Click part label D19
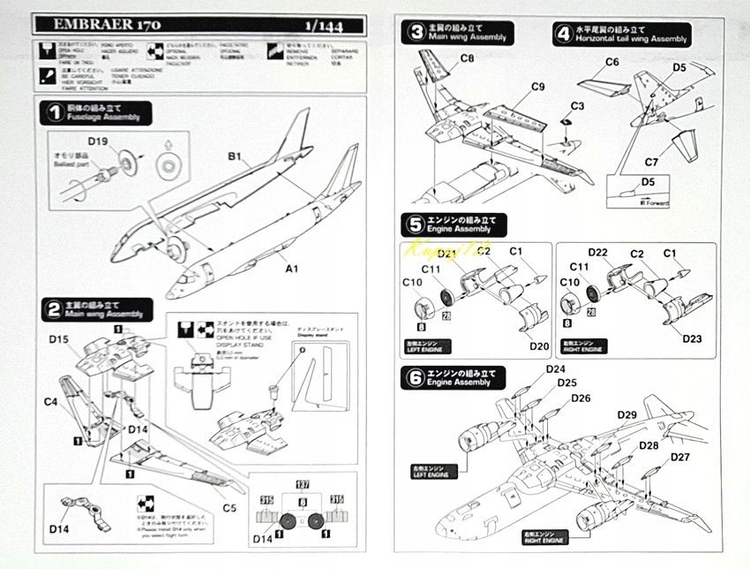[x=98, y=140]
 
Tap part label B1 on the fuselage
[x=234, y=157]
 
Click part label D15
[x=60, y=339]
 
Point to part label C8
[x=467, y=58]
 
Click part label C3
[x=577, y=105]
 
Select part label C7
[x=651, y=163]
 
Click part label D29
[x=626, y=415]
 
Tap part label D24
[x=555, y=368]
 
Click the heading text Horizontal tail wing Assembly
[x=632, y=40]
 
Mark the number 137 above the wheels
[x=303, y=483]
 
